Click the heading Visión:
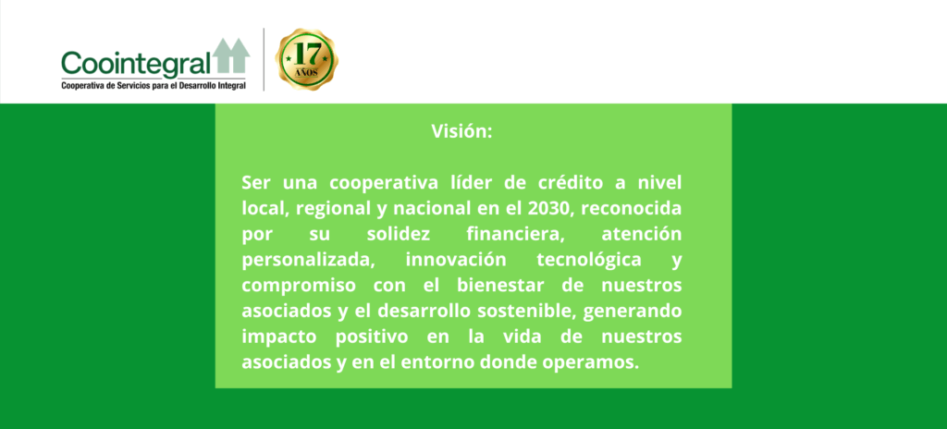(462, 131)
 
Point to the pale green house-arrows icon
(231, 56)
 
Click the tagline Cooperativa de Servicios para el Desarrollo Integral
(154, 87)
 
